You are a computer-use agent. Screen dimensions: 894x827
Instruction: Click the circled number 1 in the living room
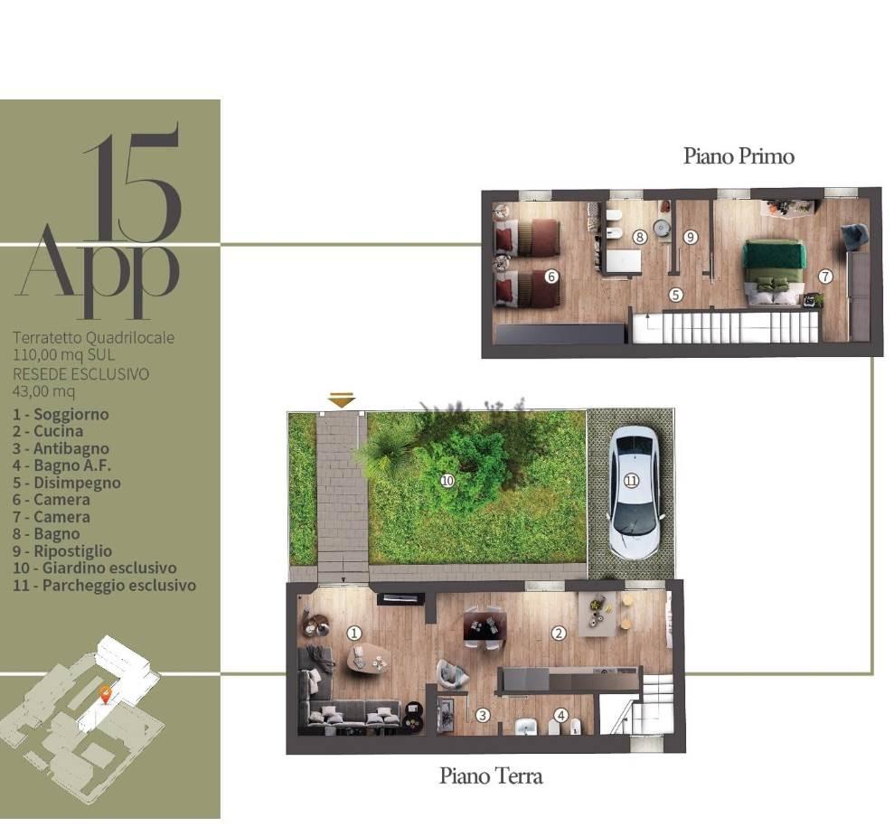click(354, 634)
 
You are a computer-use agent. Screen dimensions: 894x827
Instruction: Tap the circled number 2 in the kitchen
click(558, 634)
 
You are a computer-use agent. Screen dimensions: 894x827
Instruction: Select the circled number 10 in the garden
click(447, 481)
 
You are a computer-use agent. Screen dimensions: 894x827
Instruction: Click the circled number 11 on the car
click(631, 481)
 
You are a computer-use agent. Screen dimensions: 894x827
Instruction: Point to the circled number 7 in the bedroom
click(825, 277)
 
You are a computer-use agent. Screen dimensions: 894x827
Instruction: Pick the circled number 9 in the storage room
click(691, 237)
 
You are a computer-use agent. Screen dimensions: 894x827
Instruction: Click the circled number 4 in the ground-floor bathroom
click(561, 715)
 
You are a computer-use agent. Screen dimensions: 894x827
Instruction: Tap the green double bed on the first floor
click(775, 272)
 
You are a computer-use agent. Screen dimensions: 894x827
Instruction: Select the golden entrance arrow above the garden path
click(342, 399)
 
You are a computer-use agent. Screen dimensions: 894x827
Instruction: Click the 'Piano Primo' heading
click(739, 155)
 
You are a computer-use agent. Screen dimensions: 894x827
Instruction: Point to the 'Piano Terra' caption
click(491, 775)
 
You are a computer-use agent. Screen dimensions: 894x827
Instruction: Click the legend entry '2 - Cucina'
click(48, 431)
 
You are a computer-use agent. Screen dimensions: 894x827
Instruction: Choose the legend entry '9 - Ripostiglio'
click(62, 551)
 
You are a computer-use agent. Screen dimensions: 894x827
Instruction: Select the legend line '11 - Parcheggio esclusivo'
click(104, 586)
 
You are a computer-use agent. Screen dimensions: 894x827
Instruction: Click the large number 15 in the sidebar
click(132, 182)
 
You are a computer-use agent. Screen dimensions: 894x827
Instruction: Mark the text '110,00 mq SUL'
click(64, 355)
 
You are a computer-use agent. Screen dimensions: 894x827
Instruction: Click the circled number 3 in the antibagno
click(483, 715)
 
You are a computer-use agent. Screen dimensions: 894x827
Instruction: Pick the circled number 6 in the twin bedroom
click(551, 277)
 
